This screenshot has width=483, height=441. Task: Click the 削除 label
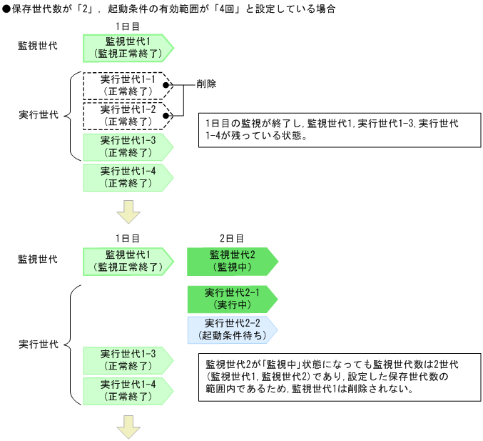click(207, 84)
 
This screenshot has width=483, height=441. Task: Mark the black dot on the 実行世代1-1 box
click(166, 85)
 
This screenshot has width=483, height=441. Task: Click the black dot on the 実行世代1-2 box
click(166, 115)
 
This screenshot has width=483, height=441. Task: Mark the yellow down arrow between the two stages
click(128, 212)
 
